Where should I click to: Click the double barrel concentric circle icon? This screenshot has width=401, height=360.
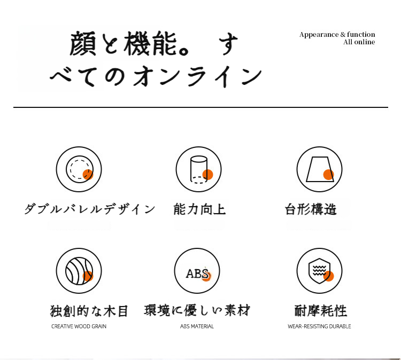[79, 169]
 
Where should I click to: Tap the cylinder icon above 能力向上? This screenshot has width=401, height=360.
[198, 169]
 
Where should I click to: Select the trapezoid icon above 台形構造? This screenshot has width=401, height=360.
[319, 169]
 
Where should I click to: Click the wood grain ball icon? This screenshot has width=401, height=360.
[79, 271]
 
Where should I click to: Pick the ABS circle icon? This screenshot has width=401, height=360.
[197, 271]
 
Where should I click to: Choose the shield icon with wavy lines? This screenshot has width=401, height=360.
[319, 271]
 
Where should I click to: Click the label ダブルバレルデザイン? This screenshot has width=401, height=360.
[90, 209]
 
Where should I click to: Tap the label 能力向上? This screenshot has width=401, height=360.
[199, 209]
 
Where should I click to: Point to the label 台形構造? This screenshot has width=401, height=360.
[311, 209]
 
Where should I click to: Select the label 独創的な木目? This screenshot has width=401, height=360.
[89, 311]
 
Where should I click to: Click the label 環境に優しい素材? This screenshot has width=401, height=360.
[197, 310]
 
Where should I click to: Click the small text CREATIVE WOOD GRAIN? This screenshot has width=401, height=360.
[79, 326]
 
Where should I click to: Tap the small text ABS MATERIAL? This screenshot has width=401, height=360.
[197, 326]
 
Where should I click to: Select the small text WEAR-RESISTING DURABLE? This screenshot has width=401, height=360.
[319, 326]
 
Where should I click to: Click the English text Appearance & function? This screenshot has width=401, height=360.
[337, 35]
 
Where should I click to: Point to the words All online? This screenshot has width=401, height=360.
[359, 42]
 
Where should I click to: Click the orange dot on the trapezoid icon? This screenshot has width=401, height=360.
[328, 175]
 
